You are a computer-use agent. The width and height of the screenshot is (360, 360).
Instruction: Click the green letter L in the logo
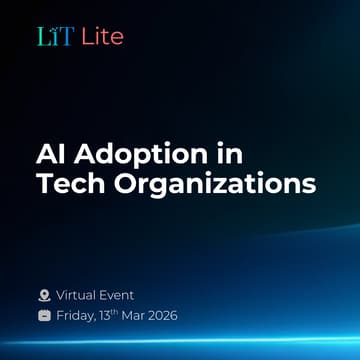click(42, 37)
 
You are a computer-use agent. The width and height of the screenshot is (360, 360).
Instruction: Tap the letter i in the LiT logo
click(54, 37)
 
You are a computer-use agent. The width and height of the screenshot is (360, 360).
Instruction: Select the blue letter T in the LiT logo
click(65, 37)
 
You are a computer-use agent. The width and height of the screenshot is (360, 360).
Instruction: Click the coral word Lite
click(102, 37)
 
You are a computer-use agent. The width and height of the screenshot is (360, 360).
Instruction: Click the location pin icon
click(43, 295)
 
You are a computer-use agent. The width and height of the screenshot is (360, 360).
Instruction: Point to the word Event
click(118, 295)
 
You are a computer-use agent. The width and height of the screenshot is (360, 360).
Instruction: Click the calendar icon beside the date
click(43, 316)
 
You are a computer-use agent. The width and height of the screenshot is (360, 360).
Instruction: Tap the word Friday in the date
click(78, 316)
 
